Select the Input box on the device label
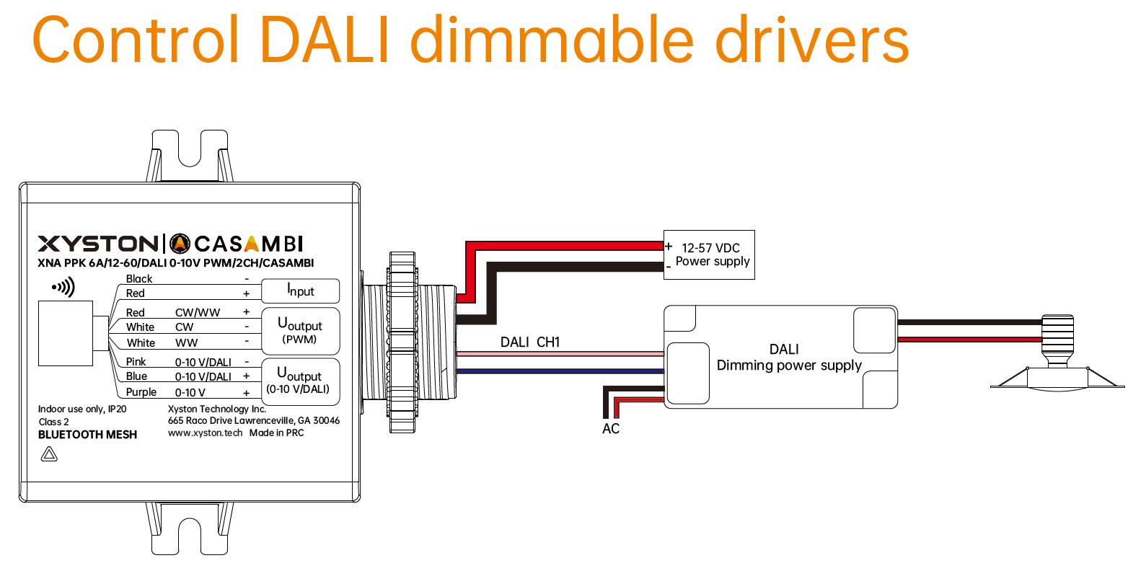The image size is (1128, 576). click(x=300, y=291)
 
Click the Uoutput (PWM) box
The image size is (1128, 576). click(x=299, y=331)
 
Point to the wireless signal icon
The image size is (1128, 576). click(x=63, y=288)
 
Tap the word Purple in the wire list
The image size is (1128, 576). click(x=141, y=392)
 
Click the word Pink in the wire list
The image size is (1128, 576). click(x=136, y=361)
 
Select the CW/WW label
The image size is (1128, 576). click(x=198, y=312)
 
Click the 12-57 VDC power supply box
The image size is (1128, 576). click(x=710, y=254)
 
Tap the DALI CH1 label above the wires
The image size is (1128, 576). click(x=530, y=342)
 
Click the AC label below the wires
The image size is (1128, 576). click(x=611, y=429)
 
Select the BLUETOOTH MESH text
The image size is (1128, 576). click(x=87, y=434)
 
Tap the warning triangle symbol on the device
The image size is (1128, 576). click(x=50, y=454)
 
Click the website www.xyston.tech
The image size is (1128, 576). click(x=205, y=433)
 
